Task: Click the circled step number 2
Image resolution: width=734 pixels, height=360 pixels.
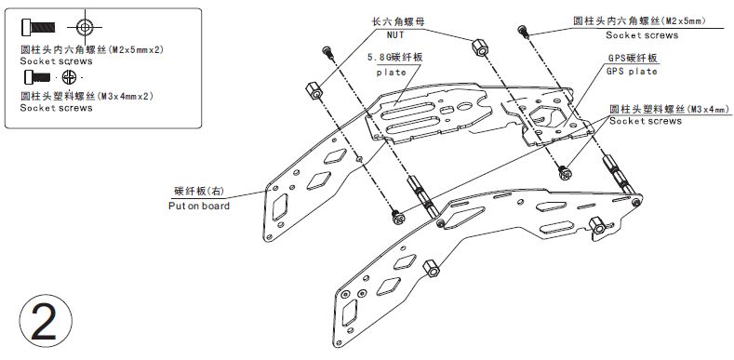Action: pyautogui.click(x=46, y=321)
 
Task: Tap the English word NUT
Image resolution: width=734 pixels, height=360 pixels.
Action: pyautogui.click(x=395, y=35)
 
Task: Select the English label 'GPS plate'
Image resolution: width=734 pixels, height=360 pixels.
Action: pyautogui.click(x=632, y=72)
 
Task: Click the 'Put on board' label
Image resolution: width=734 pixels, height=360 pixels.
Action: pyautogui.click(x=199, y=206)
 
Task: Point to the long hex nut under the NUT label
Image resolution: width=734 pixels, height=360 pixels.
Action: pyautogui.click(x=478, y=47)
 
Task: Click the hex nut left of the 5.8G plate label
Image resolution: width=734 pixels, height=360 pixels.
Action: pyautogui.click(x=314, y=91)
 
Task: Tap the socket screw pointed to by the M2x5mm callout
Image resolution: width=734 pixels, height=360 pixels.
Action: pyautogui.click(x=524, y=32)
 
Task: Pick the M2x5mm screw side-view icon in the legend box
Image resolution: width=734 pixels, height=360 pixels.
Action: pyautogui.click(x=38, y=27)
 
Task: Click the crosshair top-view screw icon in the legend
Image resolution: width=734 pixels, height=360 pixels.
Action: pyautogui.click(x=85, y=27)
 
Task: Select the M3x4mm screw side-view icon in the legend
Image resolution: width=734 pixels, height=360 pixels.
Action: pyautogui.click(x=37, y=76)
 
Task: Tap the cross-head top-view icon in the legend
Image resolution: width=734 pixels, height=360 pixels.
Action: pyautogui.click(x=69, y=77)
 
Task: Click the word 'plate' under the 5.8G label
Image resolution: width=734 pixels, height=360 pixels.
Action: pyautogui.click(x=392, y=73)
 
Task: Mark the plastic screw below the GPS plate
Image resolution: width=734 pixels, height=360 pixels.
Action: pyautogui.click(x=565, y=172)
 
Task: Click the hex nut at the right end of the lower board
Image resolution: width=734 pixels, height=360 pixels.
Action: pyautogui.click(x=597, y=226)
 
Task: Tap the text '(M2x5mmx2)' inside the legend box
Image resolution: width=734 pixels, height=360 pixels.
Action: pyautogui.click(x=136, y=48)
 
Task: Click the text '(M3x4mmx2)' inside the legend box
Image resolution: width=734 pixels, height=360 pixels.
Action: pyautogui.click(x=125, y=97)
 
